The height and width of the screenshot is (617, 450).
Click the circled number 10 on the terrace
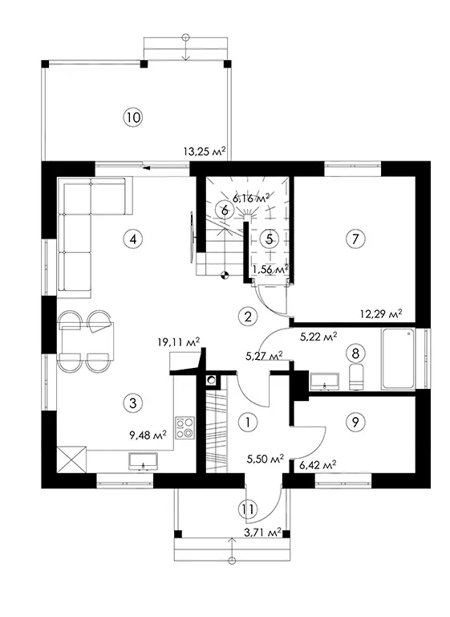point(133,117)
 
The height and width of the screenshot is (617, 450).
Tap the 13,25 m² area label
point(205,151)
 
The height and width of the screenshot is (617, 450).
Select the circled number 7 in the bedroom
point(355,239)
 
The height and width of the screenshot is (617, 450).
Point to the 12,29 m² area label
point(381,313)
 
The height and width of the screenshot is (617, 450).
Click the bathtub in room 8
point(398,359)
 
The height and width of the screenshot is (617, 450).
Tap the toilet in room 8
point(356,376)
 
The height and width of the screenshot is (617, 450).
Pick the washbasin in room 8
point(324,381)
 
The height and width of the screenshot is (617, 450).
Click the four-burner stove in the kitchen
point(184,427)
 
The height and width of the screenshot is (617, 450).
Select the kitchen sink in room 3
point(143,461)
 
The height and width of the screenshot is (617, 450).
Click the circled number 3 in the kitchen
point(133,402)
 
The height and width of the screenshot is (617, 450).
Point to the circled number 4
point(133,239)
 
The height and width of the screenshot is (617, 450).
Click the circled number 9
point(355,422)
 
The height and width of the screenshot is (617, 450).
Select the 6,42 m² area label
point(318,465)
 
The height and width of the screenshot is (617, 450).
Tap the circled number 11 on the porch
point(248,509)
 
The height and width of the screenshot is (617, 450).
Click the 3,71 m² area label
point(262,533)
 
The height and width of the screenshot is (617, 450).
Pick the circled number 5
point(270,239)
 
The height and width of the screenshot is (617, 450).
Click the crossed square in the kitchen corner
point(71,460)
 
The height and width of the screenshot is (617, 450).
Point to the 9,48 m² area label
point(148,435)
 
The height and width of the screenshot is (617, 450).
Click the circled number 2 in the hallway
point(248,316)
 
